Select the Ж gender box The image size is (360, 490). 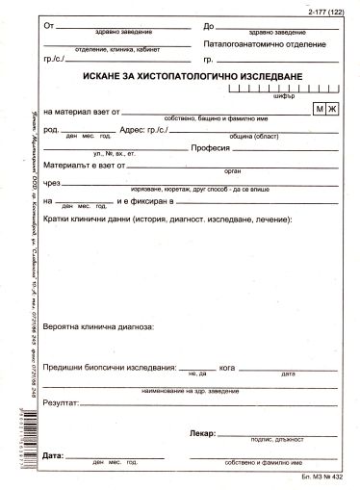pos(333,110)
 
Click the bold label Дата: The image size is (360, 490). pos(54,452)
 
